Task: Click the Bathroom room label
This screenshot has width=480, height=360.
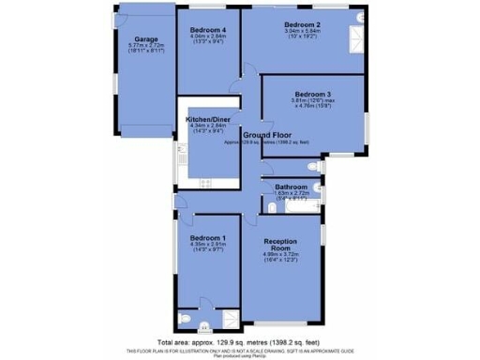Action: coord(285,187)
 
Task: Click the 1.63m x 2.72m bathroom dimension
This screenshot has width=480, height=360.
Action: coord(285,194)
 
